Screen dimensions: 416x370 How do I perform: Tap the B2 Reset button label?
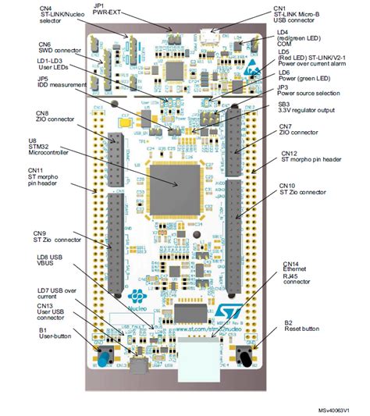pyautogui.click(x=301, y=327)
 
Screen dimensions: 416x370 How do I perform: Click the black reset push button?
pyautogui.click(x=246, y=360)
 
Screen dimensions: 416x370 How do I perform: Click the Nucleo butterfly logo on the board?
pyautogui.click(x=135, y=297)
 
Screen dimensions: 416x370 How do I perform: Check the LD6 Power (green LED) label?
pyautogui.click(x=305, y=76)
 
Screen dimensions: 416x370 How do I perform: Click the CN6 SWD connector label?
pyautogui.click(x=55, y=48)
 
